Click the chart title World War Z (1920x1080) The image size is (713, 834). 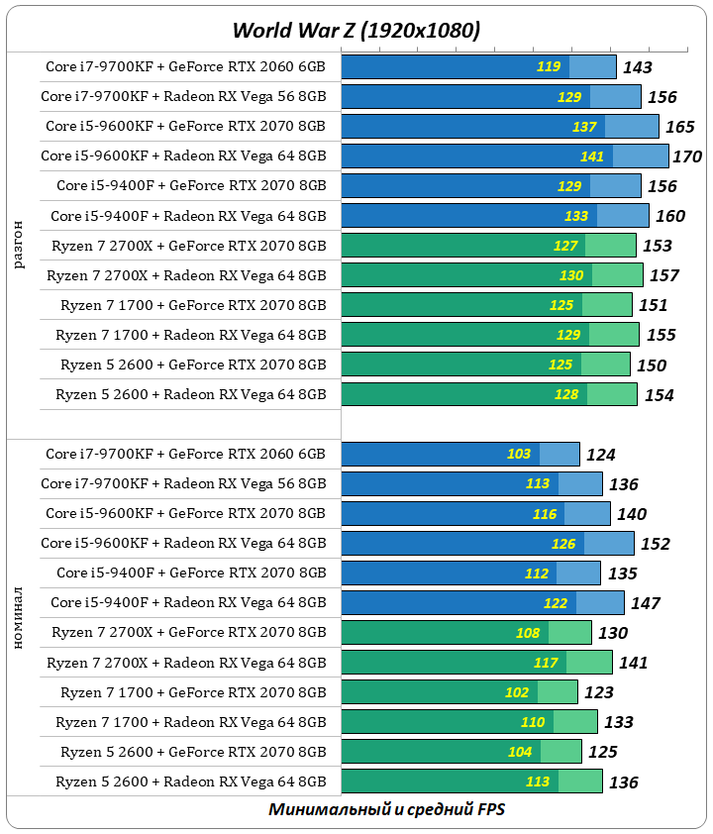(x=356, y=31)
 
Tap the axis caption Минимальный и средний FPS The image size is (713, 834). (x=387, y=809)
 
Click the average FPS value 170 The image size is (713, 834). (x=686, y=156)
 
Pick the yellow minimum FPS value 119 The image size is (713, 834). (x=549, y=67)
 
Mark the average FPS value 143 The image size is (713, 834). (x=637, y=67)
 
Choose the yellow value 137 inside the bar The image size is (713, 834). (x=584, y=127)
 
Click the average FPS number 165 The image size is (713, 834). (x=679, y=127)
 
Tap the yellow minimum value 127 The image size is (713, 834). (x=565, y=246)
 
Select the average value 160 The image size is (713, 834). (x=669, y=216)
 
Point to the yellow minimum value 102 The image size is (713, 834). (x=518, y=692)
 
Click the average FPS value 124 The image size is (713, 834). (x=600, y=455)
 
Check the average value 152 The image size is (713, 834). (x=655, y=544)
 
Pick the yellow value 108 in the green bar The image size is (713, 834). (x=528, y=633)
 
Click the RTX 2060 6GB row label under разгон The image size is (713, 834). (x=185, y=67)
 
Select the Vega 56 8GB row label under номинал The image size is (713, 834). (x=183, y=484)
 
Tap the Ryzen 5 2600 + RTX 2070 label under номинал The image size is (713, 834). (x=192, y=752)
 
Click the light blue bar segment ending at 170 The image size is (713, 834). (x=641, y=156)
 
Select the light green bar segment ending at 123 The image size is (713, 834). (x=558, y=692)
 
